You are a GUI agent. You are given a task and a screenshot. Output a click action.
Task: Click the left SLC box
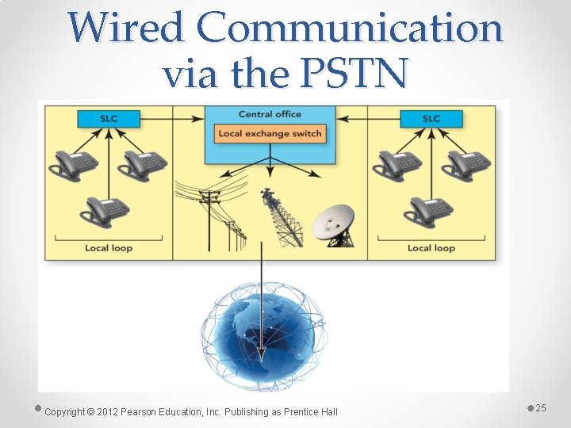tap(109, 119)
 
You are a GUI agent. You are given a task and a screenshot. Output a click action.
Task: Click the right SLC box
tap(431, 119)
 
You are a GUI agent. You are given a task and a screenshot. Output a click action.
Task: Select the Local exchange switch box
tap(270, 133)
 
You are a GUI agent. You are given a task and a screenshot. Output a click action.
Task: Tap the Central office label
tap(270, 114)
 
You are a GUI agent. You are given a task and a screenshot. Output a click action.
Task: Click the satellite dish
tap(335, 224)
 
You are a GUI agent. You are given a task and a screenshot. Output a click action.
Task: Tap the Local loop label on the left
tap(109, 248)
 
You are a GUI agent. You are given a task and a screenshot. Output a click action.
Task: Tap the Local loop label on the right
tap(431, 248)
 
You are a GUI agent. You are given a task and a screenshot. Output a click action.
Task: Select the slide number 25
tap(541, 407)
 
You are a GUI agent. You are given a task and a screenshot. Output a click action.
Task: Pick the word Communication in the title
tap(349, 29)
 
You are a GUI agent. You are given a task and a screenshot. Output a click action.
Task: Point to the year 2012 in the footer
tap(108, 411)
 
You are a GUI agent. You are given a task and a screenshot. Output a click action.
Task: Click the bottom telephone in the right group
tap(428, 211)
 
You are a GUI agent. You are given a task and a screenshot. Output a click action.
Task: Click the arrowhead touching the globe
tap(262, 366)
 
